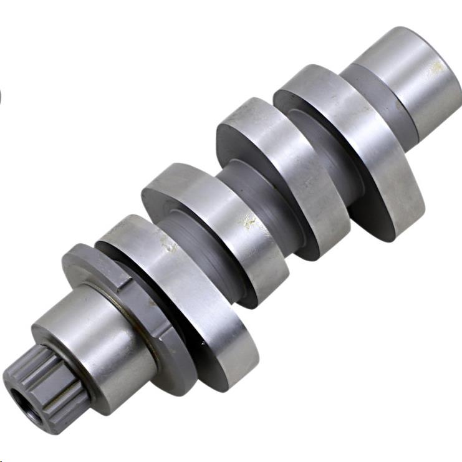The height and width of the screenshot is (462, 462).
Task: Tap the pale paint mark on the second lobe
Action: coord(249,221)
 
